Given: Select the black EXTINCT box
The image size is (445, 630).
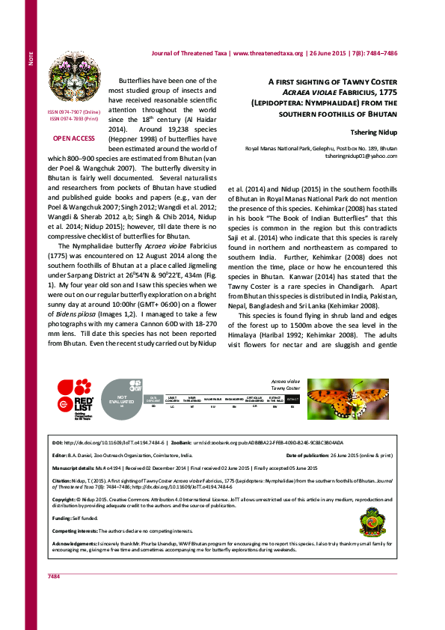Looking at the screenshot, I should [x=292, y=399].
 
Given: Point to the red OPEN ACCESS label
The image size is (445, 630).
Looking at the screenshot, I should [x=73, y=138].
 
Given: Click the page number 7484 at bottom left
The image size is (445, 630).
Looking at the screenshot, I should [x=53, y=597].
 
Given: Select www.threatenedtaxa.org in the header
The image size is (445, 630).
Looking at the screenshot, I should [x=268, y=53].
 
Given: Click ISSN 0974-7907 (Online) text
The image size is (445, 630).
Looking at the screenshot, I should [x=73, y=112].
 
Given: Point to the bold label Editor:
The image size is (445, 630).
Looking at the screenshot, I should [x=59, y=455].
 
